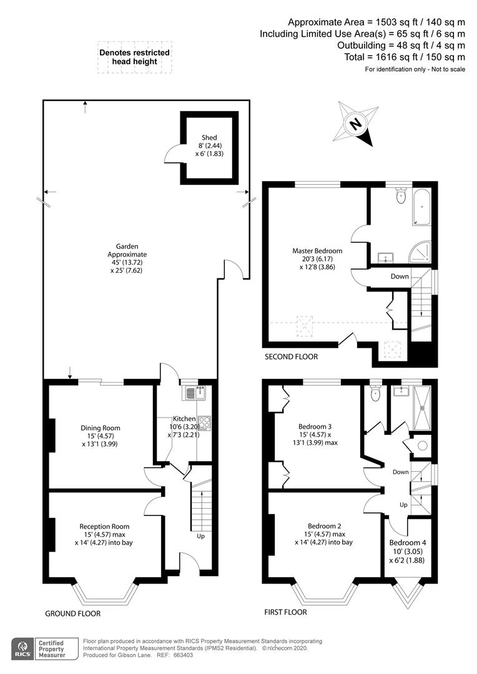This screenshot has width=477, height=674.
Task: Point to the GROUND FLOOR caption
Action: pyautogui.click(x=72, y=613)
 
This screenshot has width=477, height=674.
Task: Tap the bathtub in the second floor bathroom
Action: pyautogui.click(x=420, y=208)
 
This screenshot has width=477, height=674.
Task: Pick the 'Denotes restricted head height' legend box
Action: pyautogui.click(x=134, y=57)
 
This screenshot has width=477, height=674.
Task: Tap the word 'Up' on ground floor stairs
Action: pyautogui.click(x=200, y=536)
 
